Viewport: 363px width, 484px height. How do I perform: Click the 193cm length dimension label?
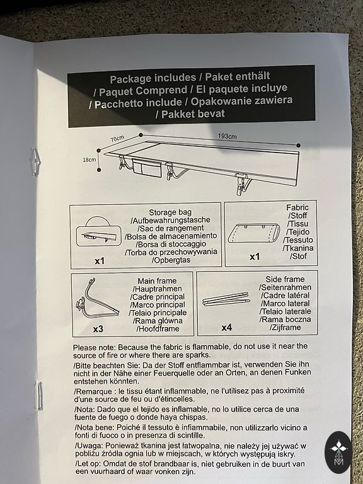[227, 136]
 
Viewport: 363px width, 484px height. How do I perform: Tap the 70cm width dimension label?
[117, 139]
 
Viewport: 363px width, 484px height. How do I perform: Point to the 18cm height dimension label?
[89, 160]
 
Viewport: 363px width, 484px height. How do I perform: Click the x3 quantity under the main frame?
[98, 329]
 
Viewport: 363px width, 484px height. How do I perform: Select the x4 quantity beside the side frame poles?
[227, 328]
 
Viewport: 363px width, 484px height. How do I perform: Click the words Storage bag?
[170, 212]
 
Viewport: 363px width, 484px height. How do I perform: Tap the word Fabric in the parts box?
[297, 207]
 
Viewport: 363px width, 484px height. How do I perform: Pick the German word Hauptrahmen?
[157, 289]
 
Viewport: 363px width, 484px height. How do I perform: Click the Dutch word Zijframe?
[285, 327]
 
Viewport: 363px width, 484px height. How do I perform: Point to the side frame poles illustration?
[226, 299]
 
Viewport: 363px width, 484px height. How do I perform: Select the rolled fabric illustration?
[254, 233]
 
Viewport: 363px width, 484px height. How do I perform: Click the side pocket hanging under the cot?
[147, 169]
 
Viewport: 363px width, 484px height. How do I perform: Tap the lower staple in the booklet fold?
[39, 395]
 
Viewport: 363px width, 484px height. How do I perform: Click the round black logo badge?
[338, 452]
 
